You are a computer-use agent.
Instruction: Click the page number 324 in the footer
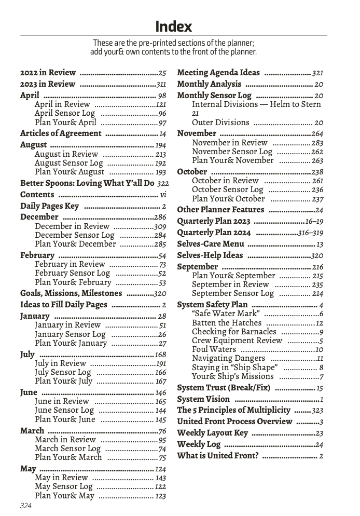tap(26, 506)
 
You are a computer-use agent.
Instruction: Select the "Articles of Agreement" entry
tap(61, 133)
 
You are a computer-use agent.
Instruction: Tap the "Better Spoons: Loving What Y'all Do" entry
tap(87, 183)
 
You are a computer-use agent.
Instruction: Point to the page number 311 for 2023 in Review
tap(161, 84)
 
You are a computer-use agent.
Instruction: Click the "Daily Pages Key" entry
tap(49, 206)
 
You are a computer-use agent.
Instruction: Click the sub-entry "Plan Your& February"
tap(73, 283)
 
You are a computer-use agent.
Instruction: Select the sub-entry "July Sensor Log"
tap(63, 372)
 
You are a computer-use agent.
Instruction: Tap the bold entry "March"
tap(32, 431)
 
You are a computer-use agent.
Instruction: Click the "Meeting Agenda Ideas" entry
tap(218, 73)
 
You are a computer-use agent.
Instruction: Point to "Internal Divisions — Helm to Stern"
tap(256, 104)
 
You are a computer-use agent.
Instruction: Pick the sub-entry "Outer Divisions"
tap(220, 123)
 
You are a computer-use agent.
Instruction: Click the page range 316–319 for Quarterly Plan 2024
tap(311, 233)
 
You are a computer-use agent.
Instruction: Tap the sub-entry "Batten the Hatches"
tap(227, 323)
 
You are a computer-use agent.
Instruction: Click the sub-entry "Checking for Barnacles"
tap(234, 332)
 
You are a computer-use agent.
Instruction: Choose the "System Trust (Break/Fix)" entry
tap(224, 388)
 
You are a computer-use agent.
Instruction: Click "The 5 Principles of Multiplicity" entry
tap(233, 410)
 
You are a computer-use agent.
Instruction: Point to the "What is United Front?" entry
tap(218, 456)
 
